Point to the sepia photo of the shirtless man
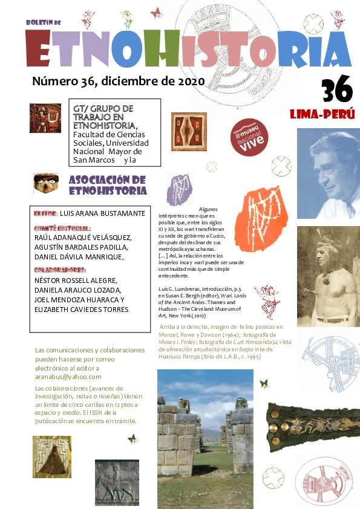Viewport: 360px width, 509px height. click(328, 276)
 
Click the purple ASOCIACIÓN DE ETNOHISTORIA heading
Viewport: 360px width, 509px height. click(108, 185)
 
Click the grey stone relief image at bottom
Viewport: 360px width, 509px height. click(117, 482)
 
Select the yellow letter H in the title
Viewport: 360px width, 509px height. click(164, 48)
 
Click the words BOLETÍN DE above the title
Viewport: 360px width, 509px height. click(44, 22)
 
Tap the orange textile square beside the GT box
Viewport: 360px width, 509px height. click(189, 131)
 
